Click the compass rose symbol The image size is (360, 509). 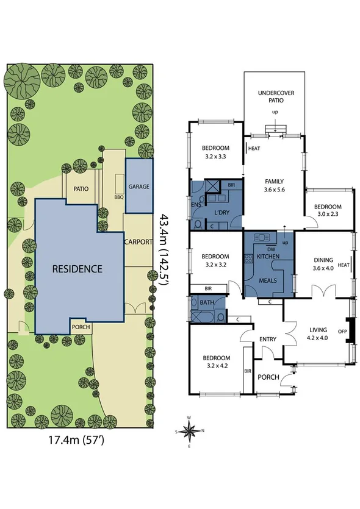(190, 432)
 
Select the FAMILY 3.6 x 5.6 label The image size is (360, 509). (274, 185)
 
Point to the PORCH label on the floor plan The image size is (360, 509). (269, 377)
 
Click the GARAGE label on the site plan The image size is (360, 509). (139, 187)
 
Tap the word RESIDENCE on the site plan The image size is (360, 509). (76, 268)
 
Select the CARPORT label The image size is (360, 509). (138, 242)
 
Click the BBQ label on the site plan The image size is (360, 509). (119, 198)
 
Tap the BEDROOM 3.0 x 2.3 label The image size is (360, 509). (329, 210)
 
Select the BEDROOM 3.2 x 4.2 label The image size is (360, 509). (216, 361)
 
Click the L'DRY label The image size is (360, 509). (222, 212)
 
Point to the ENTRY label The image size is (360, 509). (268, 340)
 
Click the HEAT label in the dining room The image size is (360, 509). (343, 265)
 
